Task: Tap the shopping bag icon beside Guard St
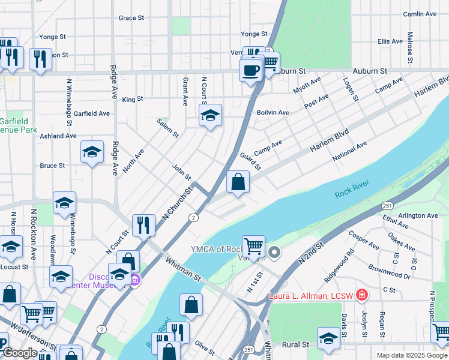[238, 182]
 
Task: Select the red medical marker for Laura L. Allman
[361, 295]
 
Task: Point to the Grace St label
[131, 18]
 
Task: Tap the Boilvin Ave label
[273, 112]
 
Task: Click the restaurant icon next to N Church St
[143, 224]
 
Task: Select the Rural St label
[295, 344]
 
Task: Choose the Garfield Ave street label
[92, 113]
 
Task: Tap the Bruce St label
[52, 166]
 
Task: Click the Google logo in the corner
[19, 353]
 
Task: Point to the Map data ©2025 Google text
[411, 355]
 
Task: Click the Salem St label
[168, 127]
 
